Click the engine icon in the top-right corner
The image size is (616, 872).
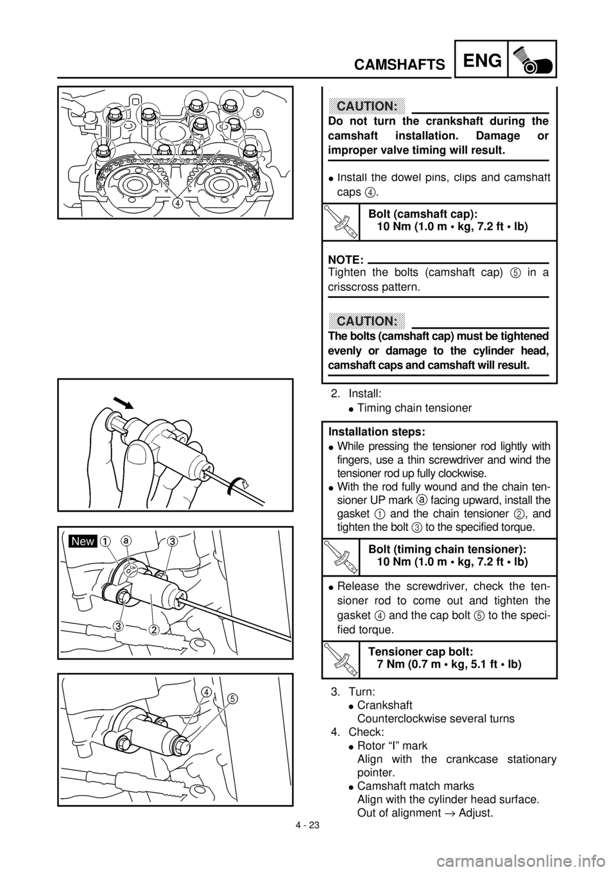532,59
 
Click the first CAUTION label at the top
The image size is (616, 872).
367,105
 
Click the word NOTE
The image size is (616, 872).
346,259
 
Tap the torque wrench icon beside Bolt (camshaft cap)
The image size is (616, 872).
341,222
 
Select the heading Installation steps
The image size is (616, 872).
377,432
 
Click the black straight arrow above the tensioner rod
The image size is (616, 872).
124,403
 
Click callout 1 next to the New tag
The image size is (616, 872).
103,541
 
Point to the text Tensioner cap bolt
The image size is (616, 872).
421,652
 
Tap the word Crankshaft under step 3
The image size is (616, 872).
384,705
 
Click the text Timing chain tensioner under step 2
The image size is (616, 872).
414,408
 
